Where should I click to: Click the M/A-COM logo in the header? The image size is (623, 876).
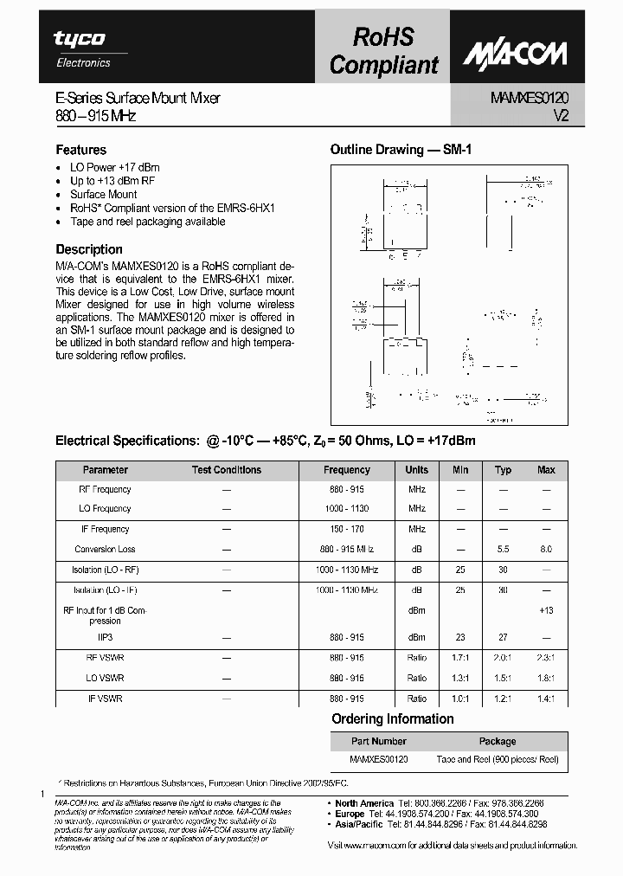[513, 54]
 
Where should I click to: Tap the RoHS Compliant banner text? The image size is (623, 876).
[384, 50]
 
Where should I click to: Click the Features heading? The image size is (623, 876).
[81, 150]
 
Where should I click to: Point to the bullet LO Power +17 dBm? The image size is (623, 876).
[114, 168]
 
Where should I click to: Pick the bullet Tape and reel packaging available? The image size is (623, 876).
[147, 222]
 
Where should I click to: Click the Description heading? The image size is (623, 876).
[89, 249]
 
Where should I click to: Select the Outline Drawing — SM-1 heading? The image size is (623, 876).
[401, 150]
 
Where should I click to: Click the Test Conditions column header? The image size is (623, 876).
[226, 470]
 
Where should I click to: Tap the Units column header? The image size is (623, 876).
[416, 470]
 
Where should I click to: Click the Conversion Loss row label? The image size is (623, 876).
[105, 550]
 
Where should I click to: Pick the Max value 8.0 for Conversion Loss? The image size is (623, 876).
[546, 550]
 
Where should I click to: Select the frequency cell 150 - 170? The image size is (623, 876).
[346, 529]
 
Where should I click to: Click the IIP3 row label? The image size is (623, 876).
[106, 638]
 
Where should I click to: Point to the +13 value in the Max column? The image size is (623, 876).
[546, 610]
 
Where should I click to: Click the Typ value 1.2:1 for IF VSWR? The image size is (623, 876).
[503, 698]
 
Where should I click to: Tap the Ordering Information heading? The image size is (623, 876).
[392, 719]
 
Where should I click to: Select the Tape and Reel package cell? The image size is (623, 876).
[498, 759]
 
